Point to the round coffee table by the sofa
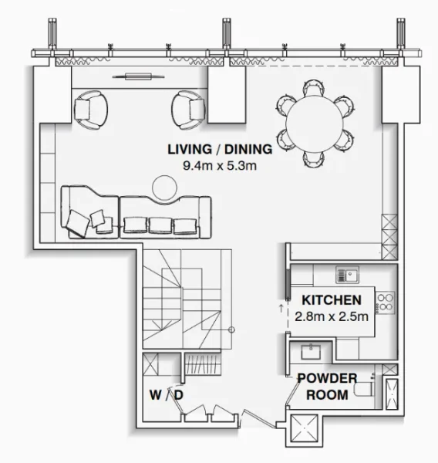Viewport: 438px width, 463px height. pyautogui.click(x=164, y=188)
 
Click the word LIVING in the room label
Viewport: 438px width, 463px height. pyautogui.click(x=187, y=150)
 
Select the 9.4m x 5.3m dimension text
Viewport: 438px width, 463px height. pyautogui.click(x=218, y=165)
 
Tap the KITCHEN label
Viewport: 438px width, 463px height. pyautogui.click(x=331, y=299)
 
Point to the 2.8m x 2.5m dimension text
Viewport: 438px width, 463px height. pyautogui.click(x=331, y=315)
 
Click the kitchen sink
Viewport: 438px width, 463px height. pyautogui.click(x=347, y=274)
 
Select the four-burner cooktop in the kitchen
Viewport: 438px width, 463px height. pyautogui.click(x=386, y=301)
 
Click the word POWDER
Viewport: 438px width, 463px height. pyautogui.click(x=327, y=378)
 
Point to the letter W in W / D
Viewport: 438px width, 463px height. pyautogui.click(x=155, y=395)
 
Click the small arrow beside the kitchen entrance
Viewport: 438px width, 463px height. pyautogui.click(x=280, y=308)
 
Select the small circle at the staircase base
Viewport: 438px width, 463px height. pyautogui.click(x=231, y=330)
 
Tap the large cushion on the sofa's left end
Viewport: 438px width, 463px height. pyautogui.click(x=79, y=222)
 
